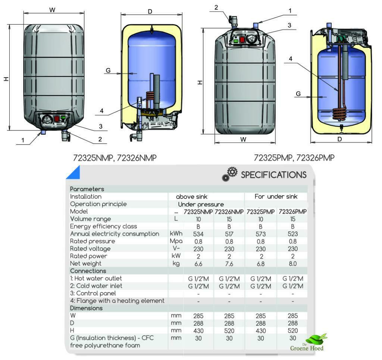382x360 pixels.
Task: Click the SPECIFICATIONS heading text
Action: point(273,175)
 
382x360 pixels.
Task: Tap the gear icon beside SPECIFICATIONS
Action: point(230,174)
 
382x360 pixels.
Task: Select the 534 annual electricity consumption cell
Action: point(198,234)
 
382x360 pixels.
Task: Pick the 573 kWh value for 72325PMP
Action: point(261,234)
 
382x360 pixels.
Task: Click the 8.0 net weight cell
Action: point(292,263)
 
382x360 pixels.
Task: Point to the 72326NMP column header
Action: point(229,211)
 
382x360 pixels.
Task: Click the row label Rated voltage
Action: point(90,249)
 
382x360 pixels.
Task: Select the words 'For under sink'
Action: point(276,196)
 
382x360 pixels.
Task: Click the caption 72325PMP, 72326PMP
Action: point(294,158)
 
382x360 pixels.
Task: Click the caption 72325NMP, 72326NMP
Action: point(115,158)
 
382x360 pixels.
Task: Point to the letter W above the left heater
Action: point(53,10)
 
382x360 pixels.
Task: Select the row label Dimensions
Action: point(86,308)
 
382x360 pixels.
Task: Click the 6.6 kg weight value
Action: point(198,263)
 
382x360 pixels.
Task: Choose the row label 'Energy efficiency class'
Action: point(103,226)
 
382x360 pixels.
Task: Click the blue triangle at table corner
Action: point(74,173)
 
